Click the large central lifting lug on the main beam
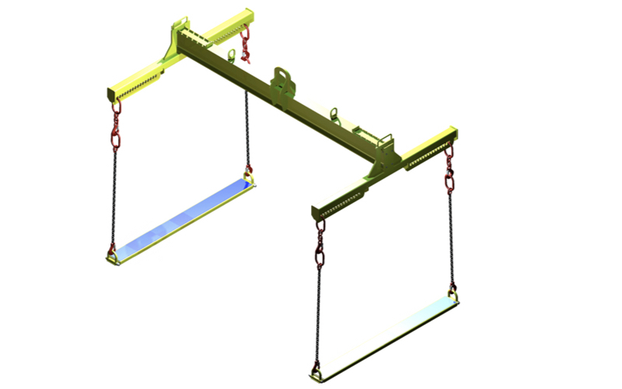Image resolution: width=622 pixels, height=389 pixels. [281, 80]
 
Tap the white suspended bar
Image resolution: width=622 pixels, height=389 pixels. [385, 335]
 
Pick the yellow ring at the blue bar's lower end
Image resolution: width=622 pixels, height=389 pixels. [114, 254]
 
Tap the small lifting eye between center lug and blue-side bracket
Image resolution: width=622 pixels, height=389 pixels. [230, 55]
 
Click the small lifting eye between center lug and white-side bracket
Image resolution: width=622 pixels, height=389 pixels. [335, 114]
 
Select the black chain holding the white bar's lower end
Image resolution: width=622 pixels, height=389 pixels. [318, 311]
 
